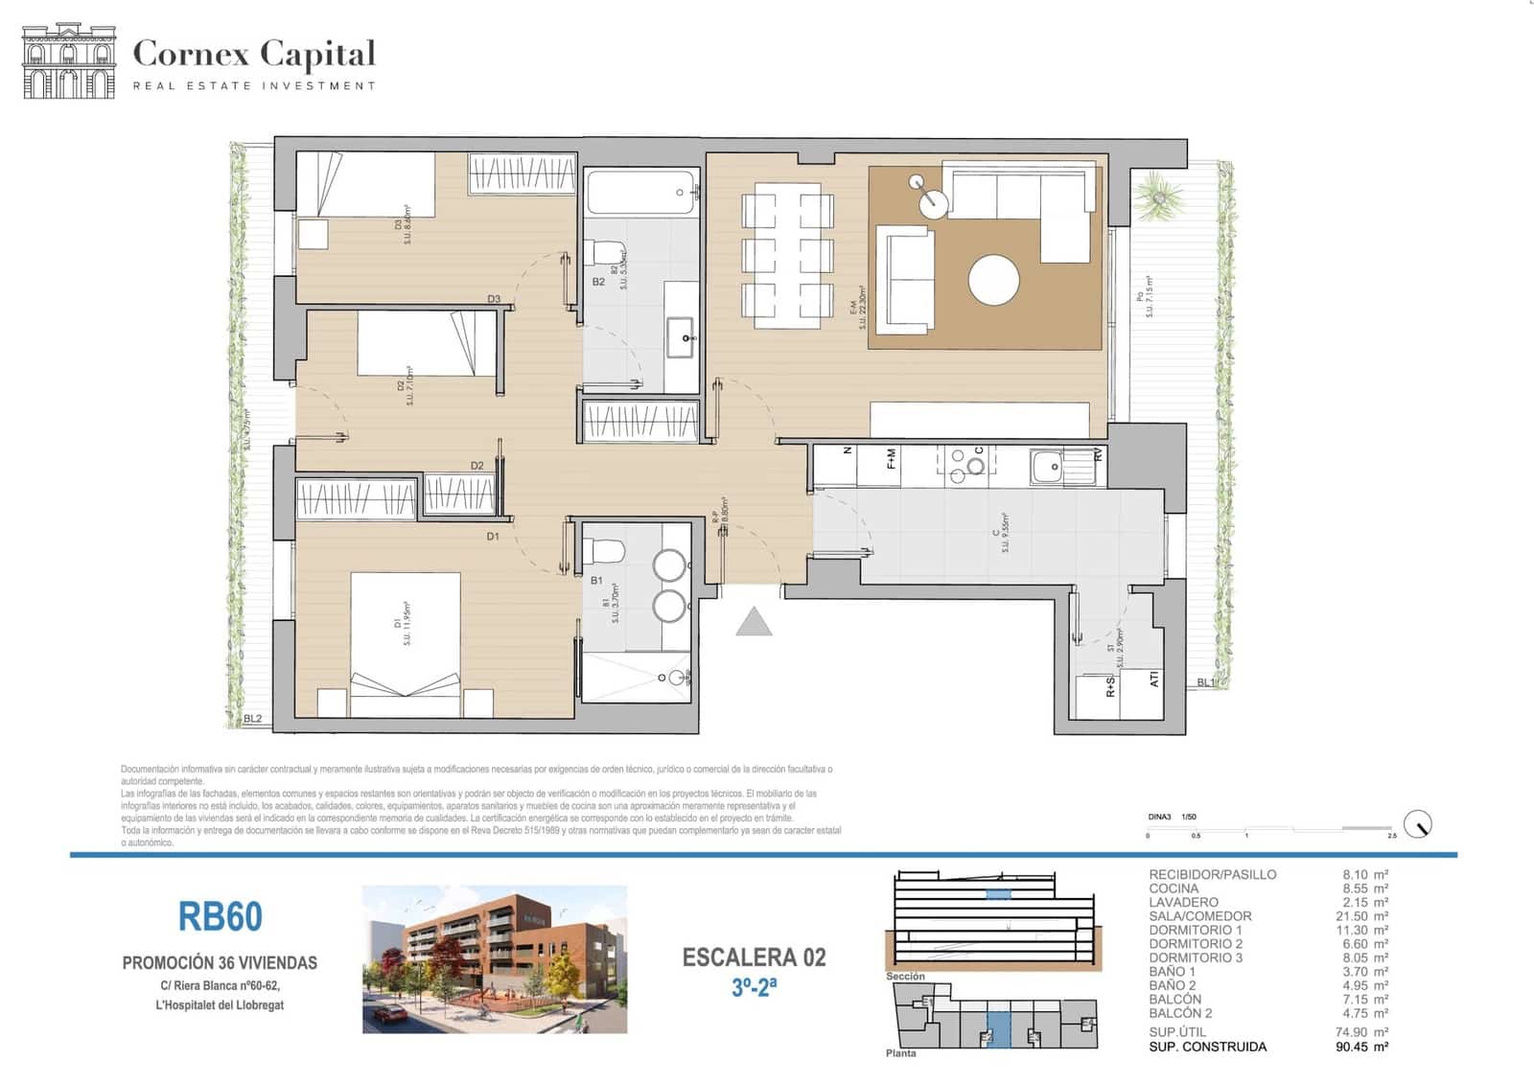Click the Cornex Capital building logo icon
point(68,61)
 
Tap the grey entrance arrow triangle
point(754,623)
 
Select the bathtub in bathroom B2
point(641,193)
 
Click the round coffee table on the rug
point(993,280)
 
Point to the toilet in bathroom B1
point(605,551)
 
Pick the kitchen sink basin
point(1046,468)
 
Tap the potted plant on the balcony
point(1158,196)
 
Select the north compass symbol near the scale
point(1417,823)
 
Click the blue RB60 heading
point(220,916)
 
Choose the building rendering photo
point(494,959)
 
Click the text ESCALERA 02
point(754,957)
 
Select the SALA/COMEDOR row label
point(1199,916)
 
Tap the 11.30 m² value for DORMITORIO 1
point(1364,930)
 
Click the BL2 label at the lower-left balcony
point(252,719)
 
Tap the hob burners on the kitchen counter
point(966,465)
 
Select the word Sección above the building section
point(905,977)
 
